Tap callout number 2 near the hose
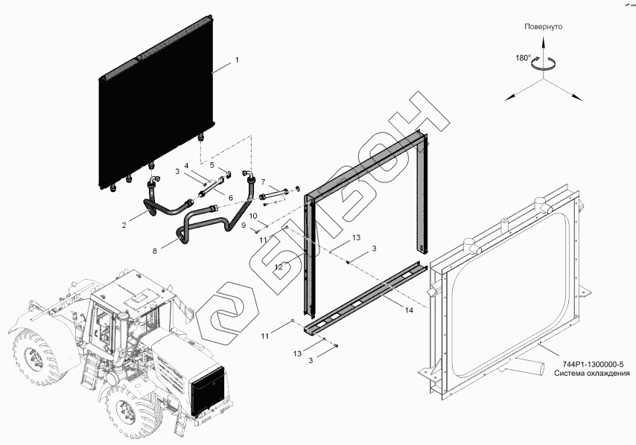(124, 222)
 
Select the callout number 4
(186, 164)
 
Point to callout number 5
(212, 164)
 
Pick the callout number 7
(262, 182)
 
